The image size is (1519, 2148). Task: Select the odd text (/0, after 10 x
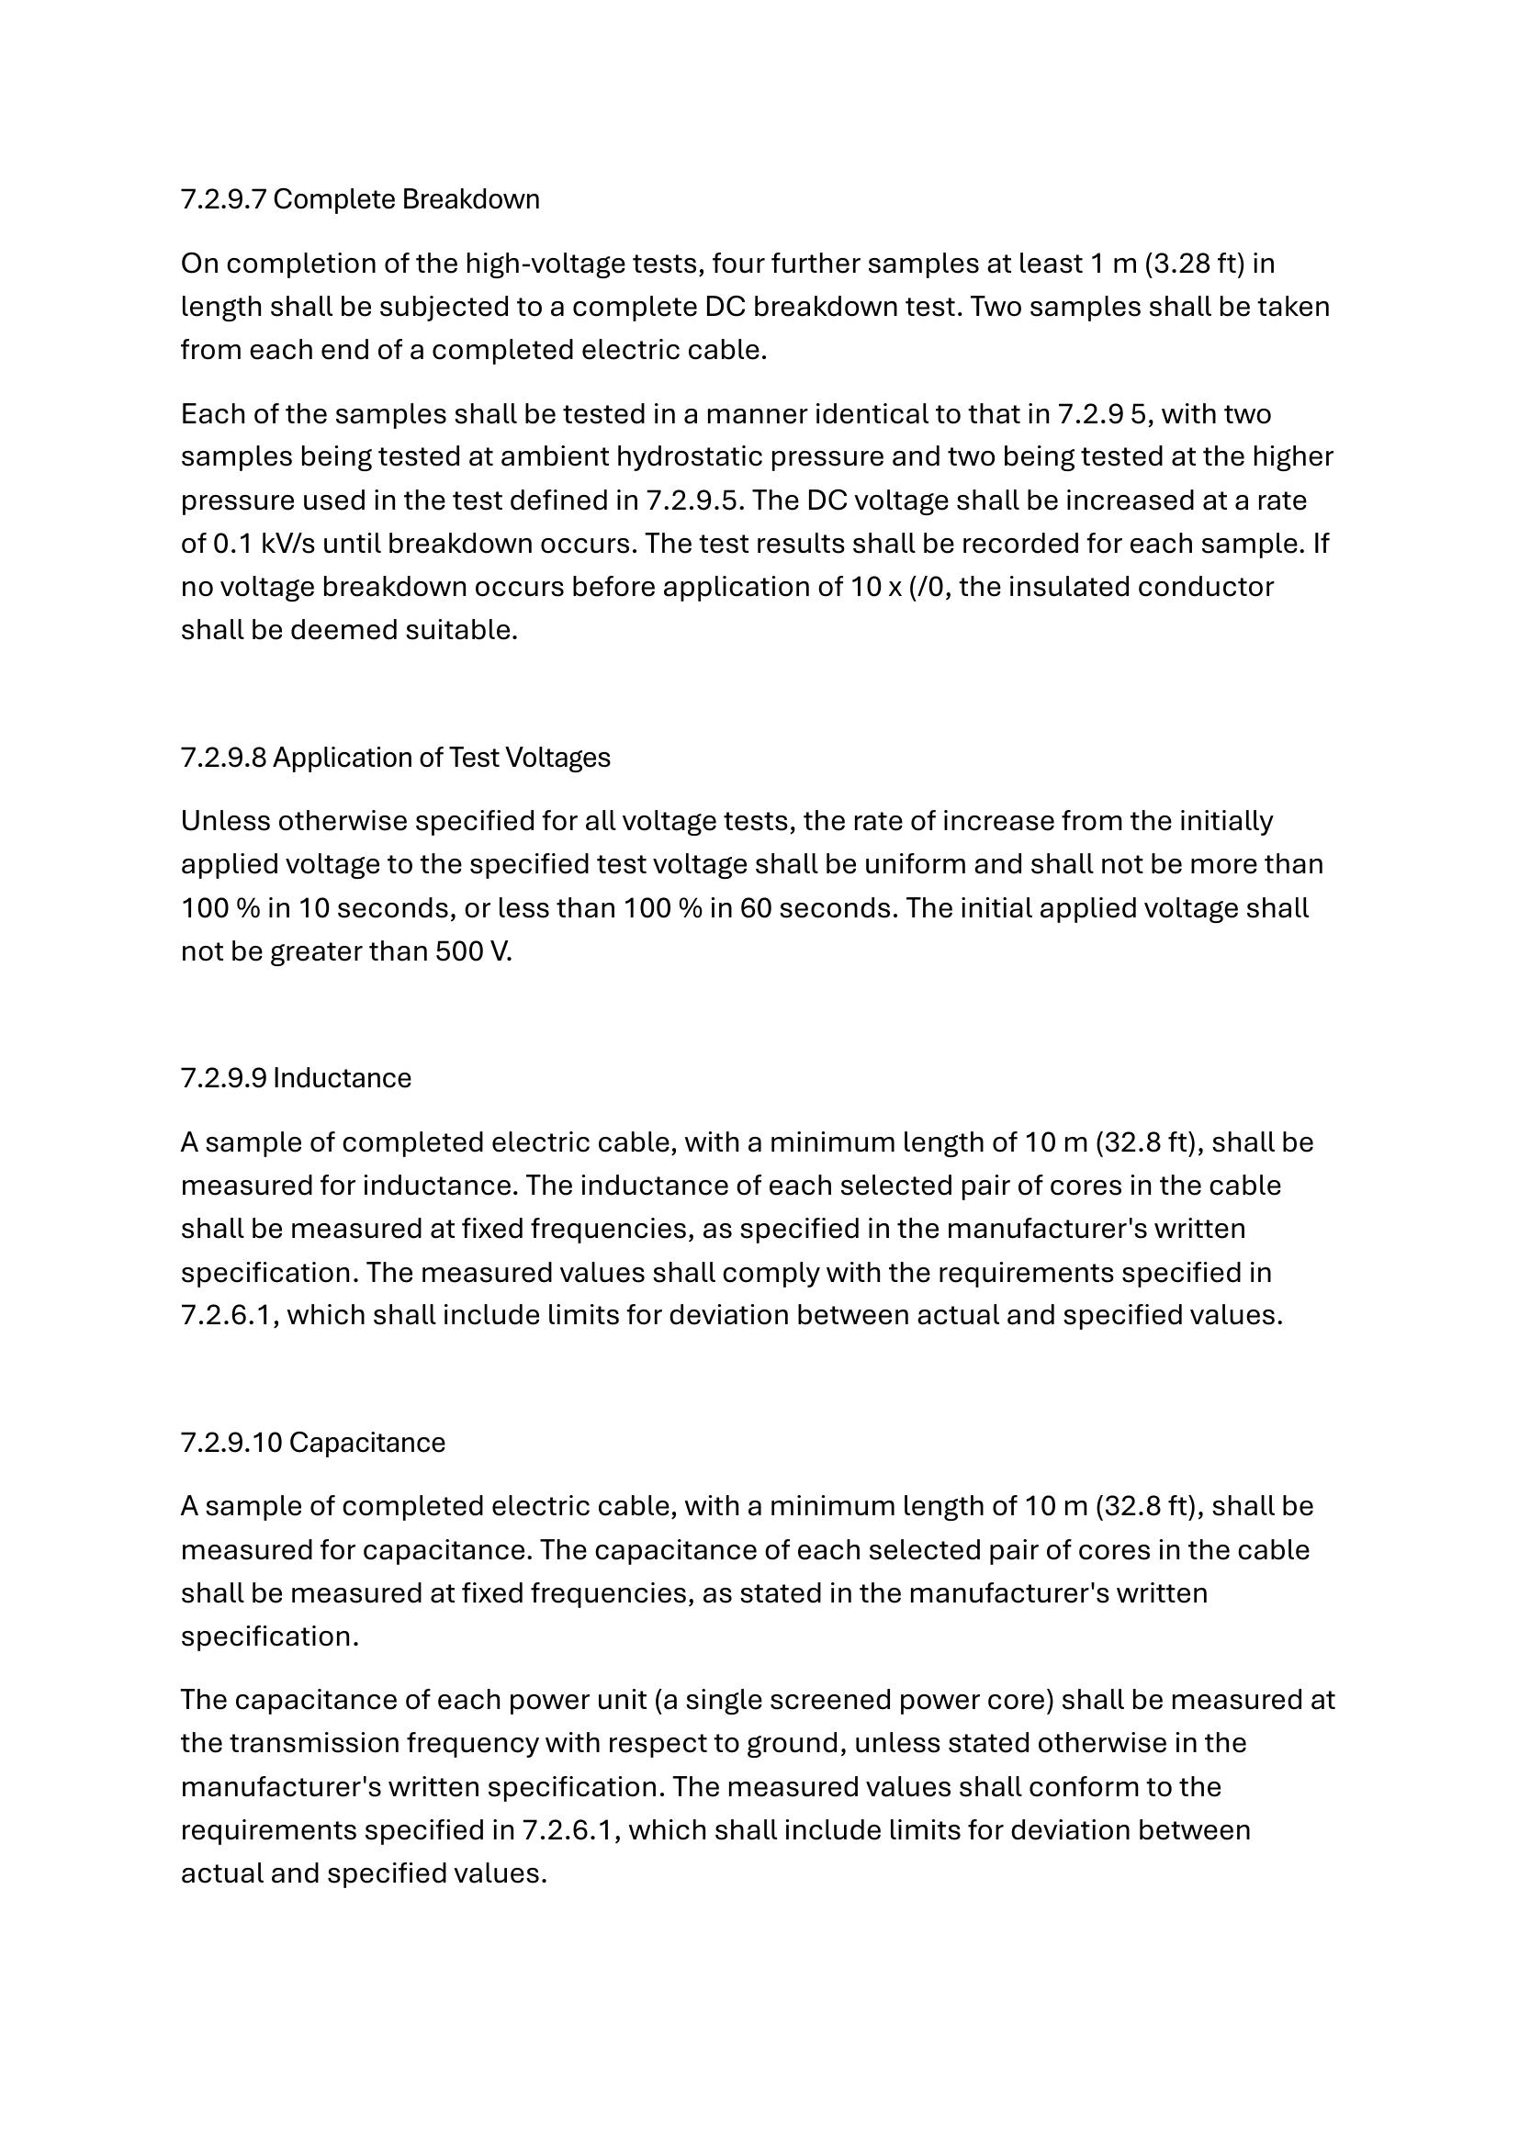click(929, 587)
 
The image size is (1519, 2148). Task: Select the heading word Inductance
click(342, 1078)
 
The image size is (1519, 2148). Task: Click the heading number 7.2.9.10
click(231, 1443)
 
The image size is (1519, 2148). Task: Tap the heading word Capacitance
click(366, 1443)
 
